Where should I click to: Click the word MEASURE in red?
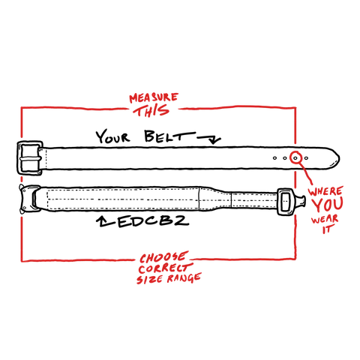click(x=154, y=98)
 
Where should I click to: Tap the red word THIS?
click(x=151, y=110)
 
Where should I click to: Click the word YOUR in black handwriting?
click(x=113, y=136)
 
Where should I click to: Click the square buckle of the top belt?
click(x=30, y=157)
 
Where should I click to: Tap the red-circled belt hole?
click(x=295, y=158)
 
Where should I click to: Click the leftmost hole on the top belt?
click(x=274, y=158)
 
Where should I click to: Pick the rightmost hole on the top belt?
click(x=306, y=158)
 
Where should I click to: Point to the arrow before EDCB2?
click(x=106, y=221)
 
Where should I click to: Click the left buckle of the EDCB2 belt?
click(x=30, y=199)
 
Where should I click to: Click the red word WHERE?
click(x=325, y=192)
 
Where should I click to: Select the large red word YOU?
click(x=328, y=205)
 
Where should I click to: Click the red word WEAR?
click(x=325, y=219)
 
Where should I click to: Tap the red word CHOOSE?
click(x=163, y=258)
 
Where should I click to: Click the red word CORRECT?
click(x=166, y=268)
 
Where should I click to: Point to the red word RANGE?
click(x=184, y=278)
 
